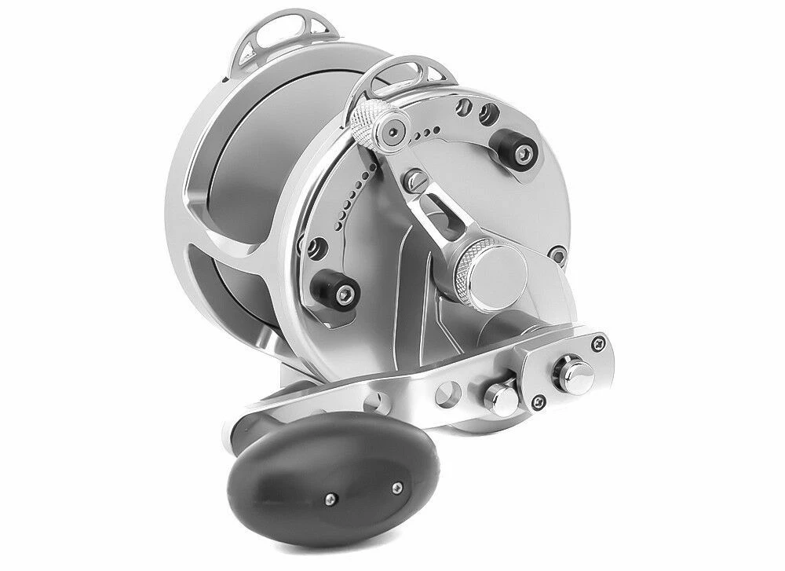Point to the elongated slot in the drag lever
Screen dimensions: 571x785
point(435,219)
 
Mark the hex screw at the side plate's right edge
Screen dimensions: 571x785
point(557,255)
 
